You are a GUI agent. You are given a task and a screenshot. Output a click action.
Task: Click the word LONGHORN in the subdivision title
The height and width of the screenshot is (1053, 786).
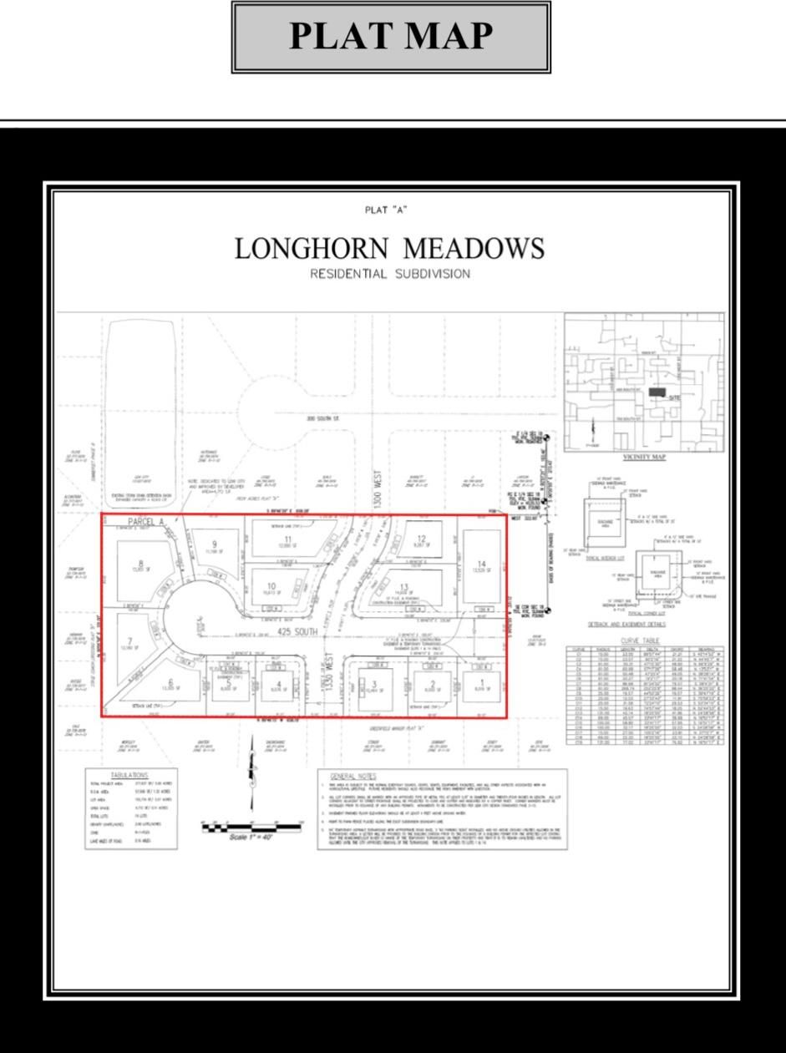click(x=310, y=249)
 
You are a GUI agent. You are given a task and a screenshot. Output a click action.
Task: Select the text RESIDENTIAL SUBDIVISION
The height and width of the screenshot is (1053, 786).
click(x=390, y=275)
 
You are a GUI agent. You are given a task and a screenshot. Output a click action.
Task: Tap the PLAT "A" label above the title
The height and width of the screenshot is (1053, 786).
click(x=386, y=210)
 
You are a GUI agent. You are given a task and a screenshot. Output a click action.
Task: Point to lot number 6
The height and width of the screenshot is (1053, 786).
click(x=170, y=682)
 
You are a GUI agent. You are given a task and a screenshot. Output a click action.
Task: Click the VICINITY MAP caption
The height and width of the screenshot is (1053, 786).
click(x=644, y=458)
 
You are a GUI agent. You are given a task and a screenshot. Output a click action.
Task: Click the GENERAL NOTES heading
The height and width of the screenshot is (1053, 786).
click(x=355, y=776)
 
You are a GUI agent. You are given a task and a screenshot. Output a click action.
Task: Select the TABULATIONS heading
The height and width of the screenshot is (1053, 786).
click(x=129, y=776)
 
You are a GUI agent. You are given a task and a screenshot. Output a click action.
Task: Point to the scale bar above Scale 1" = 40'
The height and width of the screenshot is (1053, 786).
click(x=251, y=825)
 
